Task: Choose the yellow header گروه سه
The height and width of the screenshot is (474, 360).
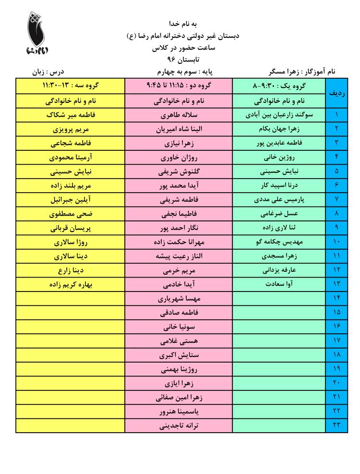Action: [71, 86]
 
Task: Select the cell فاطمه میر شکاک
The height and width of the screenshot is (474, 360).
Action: [71, 115]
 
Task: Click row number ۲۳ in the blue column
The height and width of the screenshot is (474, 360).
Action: [336, 425]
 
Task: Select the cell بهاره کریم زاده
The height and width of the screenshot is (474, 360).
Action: [71, 284]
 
